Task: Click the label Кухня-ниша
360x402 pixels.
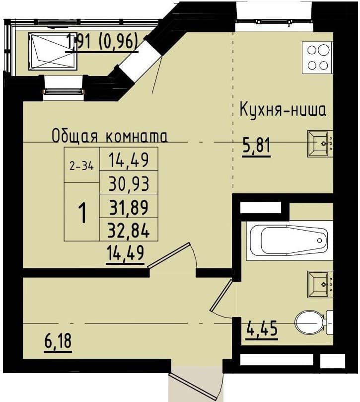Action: tap(283, 109)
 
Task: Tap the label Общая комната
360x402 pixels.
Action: tap(110, 136)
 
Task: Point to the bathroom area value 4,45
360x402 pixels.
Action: tap(261, 328)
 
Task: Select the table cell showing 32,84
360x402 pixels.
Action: tap(129, 229)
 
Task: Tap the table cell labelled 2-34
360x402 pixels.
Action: tap(81, 166)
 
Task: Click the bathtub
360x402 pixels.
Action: tap(288, 241)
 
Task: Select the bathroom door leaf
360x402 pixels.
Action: tap(220, 297)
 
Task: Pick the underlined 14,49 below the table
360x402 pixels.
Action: tap(125, 253)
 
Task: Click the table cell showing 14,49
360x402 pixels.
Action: tap(129, 160)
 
